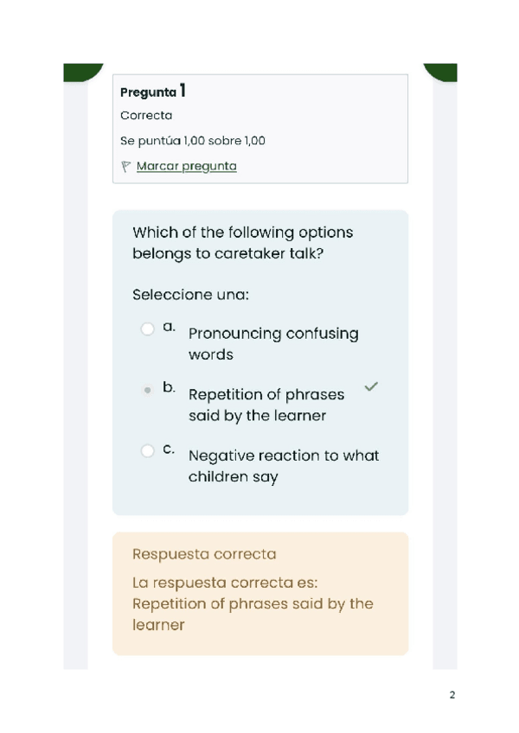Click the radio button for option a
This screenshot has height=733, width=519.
click(x=147, y=328)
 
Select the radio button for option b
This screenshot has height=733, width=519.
click(x=147, y=390)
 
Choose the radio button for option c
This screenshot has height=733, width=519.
click(x=147, y=450)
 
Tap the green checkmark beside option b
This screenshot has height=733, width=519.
click(x=371, y=387)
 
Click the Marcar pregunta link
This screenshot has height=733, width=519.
click(x=186, y=166)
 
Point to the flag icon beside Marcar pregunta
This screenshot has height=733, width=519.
click(x=126, y=166)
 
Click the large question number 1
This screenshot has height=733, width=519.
click(x=183, y=90)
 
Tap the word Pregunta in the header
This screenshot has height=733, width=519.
click(x=148, y=92)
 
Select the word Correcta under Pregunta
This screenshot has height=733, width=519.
click(x=146, y=115)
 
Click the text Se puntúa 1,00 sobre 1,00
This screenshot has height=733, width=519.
click(x=193, y=140)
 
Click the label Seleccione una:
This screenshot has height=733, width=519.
click(x=190, y=295)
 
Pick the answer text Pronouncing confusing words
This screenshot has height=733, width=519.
click(x=273, y=343)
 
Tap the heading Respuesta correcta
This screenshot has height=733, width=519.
click(x=204, y=553)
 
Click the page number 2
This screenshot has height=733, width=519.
click(x=452, y=695)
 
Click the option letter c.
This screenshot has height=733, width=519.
click(x=168, y=449)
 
